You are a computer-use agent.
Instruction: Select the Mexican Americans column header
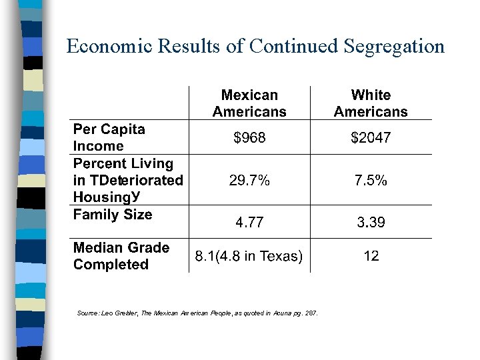coord(249,103)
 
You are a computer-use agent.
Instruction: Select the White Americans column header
coord(371,103)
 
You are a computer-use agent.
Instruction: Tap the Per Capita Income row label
coord(109,137)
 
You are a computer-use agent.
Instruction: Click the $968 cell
coord(249,138)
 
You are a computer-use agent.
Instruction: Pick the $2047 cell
coord(371,138)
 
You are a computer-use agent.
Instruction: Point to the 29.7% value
coord(249,180)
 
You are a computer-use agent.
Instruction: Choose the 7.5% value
coord(371,180)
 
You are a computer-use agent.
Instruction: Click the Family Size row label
coord(113,215)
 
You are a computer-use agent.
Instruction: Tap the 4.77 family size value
coord(249,223)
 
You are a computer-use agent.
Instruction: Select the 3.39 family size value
coord(371,223)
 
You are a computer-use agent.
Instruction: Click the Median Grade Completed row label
coord(121,256)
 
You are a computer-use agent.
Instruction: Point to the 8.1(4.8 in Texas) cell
coord(249,256)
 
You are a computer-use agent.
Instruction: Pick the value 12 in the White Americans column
coord(371,256)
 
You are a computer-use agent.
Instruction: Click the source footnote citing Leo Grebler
coord(197,313)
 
